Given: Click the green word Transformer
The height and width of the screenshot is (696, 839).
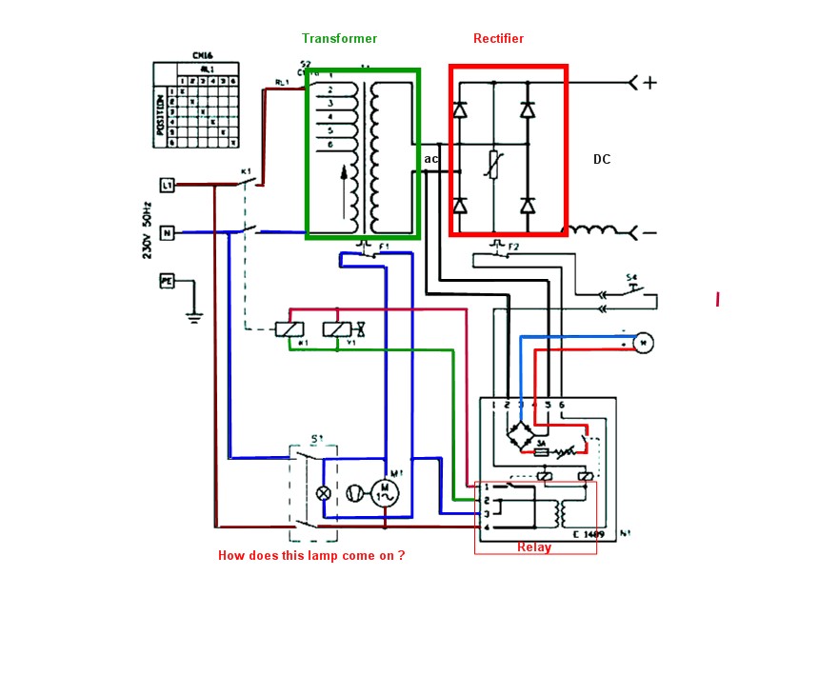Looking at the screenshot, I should click(x=339, y=39).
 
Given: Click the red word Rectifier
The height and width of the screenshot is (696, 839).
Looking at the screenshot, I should click(x=498, y=39).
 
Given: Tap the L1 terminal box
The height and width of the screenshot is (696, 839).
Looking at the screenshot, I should click(x=167, y=185).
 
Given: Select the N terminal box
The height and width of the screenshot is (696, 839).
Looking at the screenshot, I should click(x=167, y=232).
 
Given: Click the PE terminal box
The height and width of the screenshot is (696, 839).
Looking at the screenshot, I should click(x=167, y=281).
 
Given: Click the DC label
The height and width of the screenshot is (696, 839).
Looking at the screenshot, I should click(x=602, y=159).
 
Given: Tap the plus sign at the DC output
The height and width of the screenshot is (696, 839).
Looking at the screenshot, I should click(x=649, y=83).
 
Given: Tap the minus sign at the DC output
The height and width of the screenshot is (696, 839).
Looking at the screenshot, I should click(x=649, y=232).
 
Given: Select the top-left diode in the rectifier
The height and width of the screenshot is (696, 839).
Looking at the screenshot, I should click(x=460, y=110).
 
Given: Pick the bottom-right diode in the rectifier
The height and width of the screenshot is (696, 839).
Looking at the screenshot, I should click(x=528, y=205).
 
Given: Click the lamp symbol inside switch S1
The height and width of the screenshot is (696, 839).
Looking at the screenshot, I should click(x=324, y=492).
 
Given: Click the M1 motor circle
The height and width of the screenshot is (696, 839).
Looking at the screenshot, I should click(x=385, y=492).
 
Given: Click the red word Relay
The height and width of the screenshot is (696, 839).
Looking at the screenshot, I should click(x=534, y=547).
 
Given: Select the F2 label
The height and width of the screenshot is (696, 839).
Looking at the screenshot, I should click(x=513, y=248).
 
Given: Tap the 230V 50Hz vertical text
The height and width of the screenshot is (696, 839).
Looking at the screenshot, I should click(x=148, y=230).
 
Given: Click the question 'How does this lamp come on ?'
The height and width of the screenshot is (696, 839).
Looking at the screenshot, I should click(x=311, y=555).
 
